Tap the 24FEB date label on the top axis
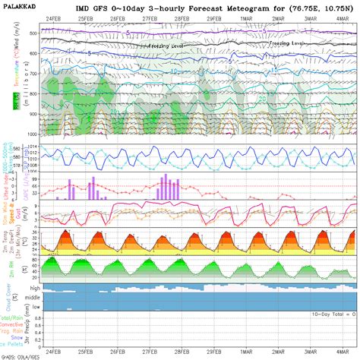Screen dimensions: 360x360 54,17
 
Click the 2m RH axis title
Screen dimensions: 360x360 7,266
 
